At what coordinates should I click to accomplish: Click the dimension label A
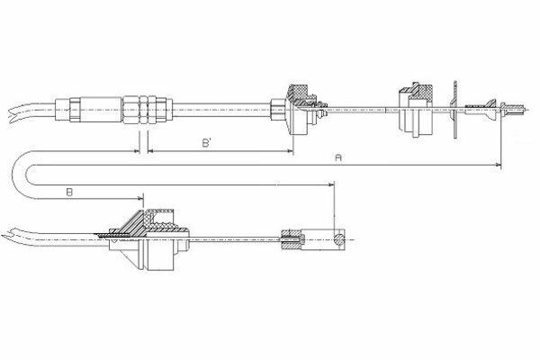tap(338, 157)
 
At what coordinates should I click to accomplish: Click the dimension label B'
tap(207, 142)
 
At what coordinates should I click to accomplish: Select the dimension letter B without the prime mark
tap(69, 193)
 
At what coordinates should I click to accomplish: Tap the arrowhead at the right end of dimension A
tap(498, 166)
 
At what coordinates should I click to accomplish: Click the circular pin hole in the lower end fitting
tap(339, 238)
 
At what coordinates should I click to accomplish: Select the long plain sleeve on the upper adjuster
tap(101, 110)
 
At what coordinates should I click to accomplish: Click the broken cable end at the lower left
tap(7, 236)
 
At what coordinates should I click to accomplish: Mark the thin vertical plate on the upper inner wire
tap(455, 110)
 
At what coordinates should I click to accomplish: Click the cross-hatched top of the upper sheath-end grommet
tap(299, 93)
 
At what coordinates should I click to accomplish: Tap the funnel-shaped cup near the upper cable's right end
tap(490, 110)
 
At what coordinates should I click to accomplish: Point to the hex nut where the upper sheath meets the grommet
tap(278, 110)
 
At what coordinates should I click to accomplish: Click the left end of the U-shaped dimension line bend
tap(13, 175)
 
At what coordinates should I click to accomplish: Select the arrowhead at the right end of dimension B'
tap(290, 151)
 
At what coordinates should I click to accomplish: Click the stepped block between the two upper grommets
tap(416, 110)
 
